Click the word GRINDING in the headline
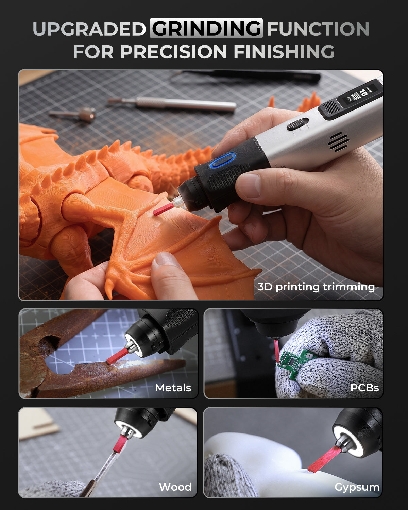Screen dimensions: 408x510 [x=206, y=29]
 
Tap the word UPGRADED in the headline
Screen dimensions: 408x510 [x=89, y=29]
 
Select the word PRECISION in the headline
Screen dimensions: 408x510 [x=173, y=51]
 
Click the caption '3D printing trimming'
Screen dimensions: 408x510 [x=316, y=287]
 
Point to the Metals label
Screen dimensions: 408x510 [x=173, y=388]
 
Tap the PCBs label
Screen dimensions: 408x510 [x=364, y=388]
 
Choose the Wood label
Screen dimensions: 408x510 [x=175, y=487]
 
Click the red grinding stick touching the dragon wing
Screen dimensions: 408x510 [x=163, y=209]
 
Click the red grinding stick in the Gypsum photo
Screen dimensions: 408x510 [x=324, y=459]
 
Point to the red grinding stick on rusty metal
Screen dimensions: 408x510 [x=118, y=356]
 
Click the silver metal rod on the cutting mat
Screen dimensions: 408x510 [x=172, y=104]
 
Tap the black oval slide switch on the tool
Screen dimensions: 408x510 [x=298, y=124]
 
